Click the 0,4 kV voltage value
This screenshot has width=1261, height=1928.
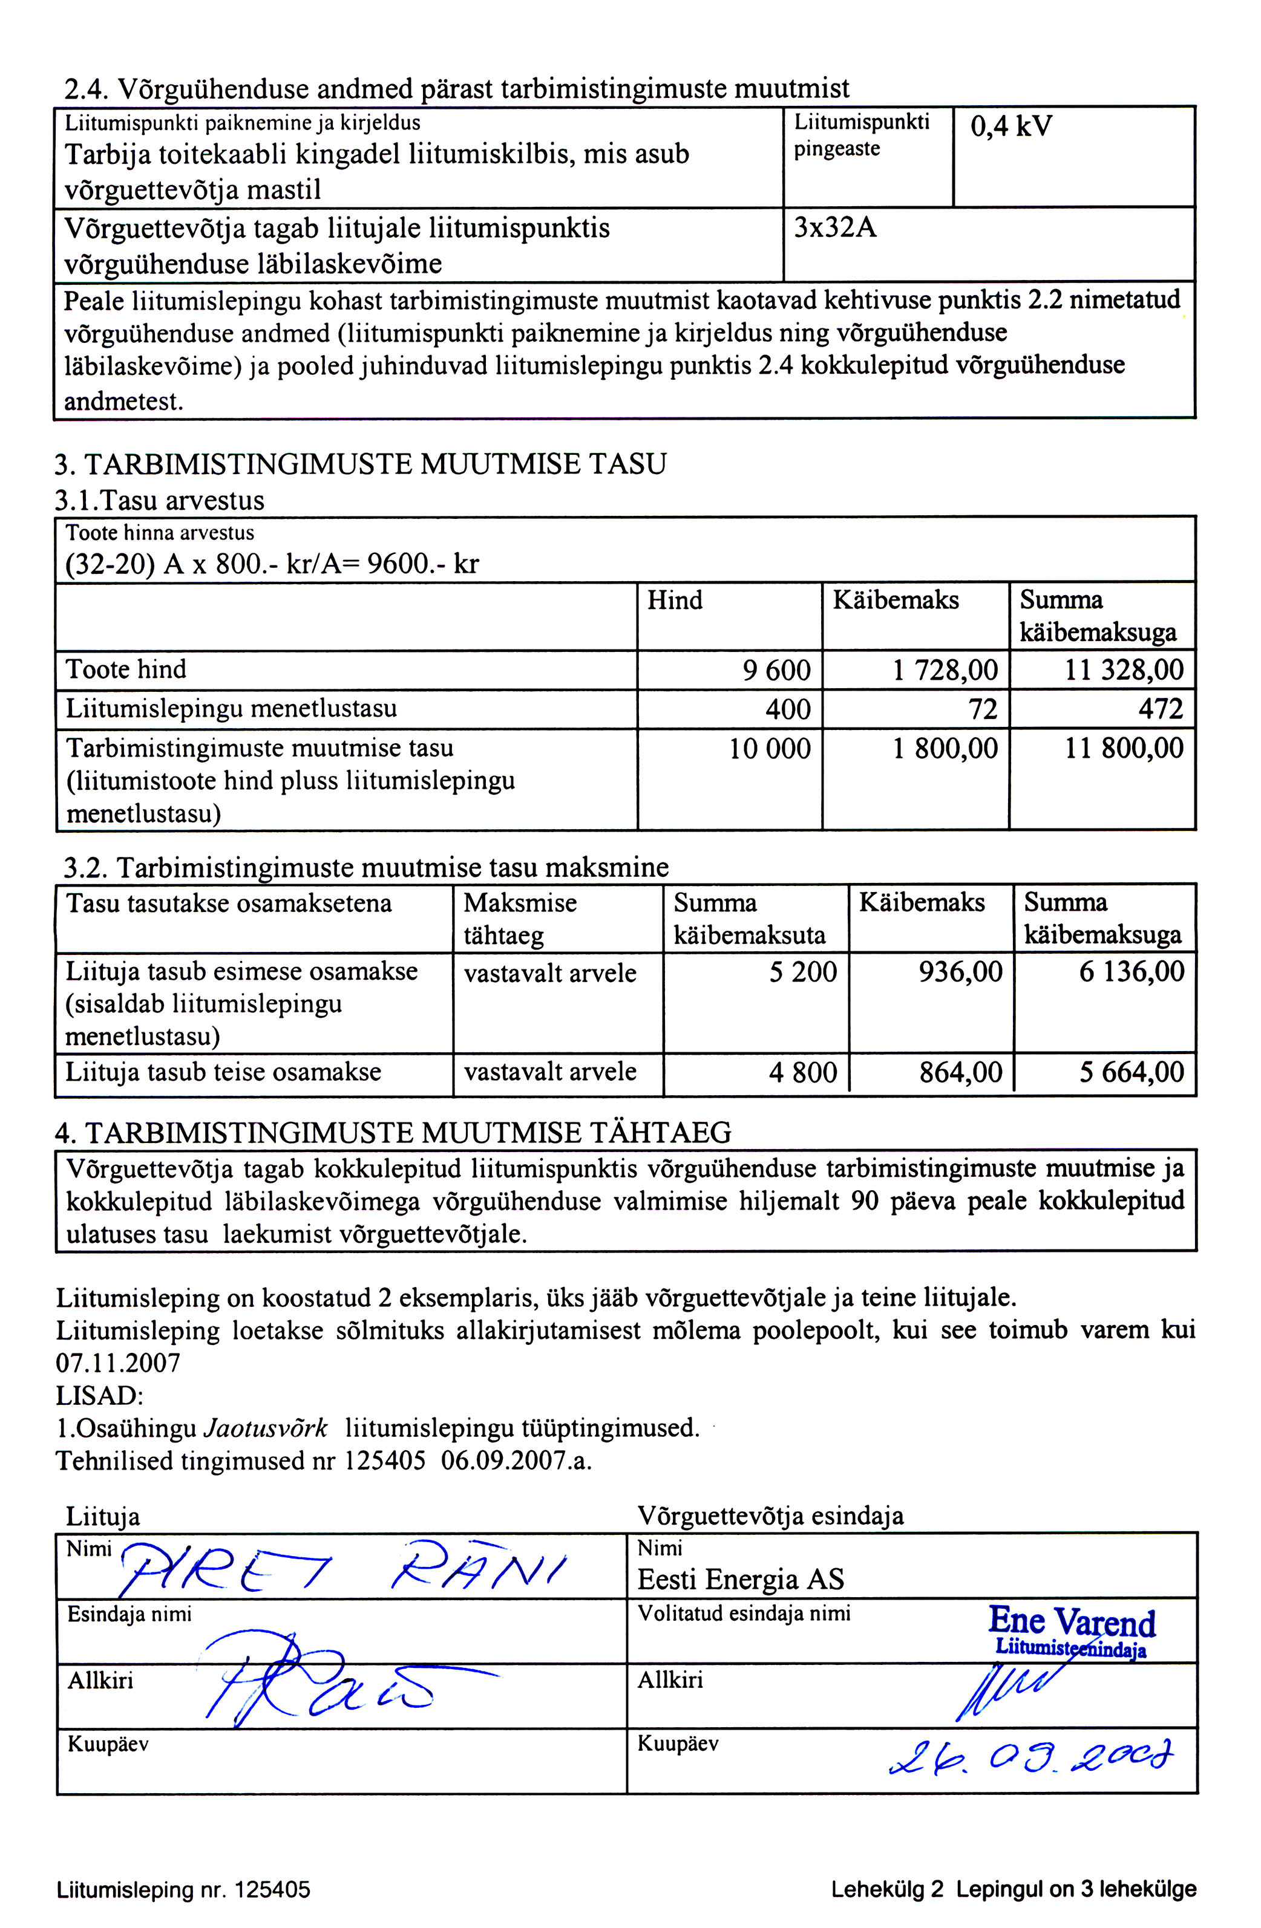[1010, 126]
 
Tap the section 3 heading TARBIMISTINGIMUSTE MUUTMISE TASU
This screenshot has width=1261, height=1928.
[361, 464]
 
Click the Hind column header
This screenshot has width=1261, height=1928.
[674, 601]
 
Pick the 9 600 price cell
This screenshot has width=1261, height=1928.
[776, 670]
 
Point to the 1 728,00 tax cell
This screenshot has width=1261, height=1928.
[945, 670]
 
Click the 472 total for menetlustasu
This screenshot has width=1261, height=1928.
[1161, 709]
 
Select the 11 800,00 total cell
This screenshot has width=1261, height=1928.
[1123, 747]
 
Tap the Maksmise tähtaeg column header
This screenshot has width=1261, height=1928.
[520, 919]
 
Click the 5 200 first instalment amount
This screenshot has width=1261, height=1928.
[802, 971]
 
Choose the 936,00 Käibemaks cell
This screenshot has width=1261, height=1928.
[960, 971]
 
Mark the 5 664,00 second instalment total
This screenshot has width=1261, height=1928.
[1132, 1072]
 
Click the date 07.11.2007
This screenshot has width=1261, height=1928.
[117, 1363]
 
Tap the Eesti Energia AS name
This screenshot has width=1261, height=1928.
[741, 1580]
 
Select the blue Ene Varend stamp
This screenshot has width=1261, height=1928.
[1072, 1630]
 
